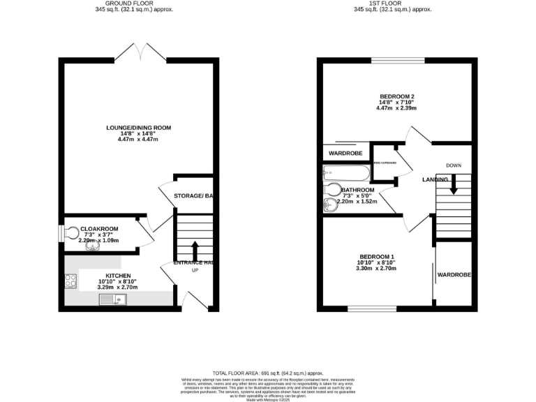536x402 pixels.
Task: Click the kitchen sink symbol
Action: coord(112,300)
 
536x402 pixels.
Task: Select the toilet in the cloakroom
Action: coord(72,232)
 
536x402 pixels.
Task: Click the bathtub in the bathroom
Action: coord(345,173)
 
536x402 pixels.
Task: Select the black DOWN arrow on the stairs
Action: coord(454,186)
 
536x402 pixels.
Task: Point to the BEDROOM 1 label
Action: coord(376,256)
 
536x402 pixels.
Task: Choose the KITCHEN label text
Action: coord(117,276)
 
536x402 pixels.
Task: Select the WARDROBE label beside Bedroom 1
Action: coord(454,276)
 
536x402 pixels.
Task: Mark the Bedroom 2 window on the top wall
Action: coord(397,61)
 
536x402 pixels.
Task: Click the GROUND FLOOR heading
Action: coord(134,3)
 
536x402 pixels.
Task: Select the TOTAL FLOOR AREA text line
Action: coord(267,373)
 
